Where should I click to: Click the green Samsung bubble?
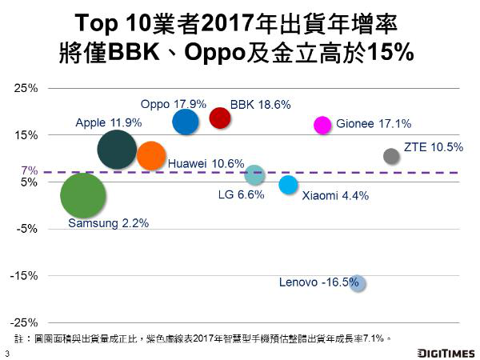click(83, 196)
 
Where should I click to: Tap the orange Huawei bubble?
click(151, 155)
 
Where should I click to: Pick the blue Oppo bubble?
click(185, 122)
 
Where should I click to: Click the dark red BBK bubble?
click(220, 118)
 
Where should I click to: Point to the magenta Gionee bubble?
click(322, 124)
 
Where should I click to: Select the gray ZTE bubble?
click(391, 156)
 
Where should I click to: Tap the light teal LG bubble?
click(254, 174)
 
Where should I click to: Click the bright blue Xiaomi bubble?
click(288, 185)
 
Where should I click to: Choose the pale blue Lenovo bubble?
click(358, 283)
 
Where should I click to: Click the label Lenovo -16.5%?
click(318, 282)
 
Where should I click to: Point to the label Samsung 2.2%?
click(108, 223)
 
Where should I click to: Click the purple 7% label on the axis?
click(29, 171)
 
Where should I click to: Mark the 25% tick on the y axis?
click(27, 88)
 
